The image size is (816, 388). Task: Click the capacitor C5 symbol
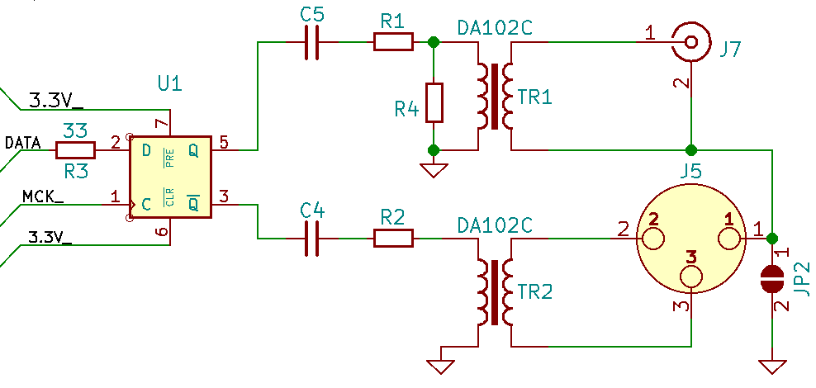pyautogui.click(x=312, y=41)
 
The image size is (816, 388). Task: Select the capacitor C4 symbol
pyautogui.click(x=312, y=239)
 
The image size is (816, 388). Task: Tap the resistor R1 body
pyautogui.click(x=393, y=41)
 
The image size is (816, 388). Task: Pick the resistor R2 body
pyautogui.click(x=393, y=239)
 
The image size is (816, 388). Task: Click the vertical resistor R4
pyautogui.click(x=433, y=103)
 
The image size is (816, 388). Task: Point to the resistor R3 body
pyautogui.click(x=76, y=150)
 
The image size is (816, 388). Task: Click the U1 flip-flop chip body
pyautogui.click(x=170, y=177)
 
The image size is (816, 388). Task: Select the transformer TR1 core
pyautogui.click(x=494, y=97)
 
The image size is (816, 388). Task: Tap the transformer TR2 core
pyautogui.click(x=494, y=294)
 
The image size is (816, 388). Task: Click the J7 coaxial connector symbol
pyautogui.click(x=690, y=40)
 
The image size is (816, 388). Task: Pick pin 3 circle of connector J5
pyautogui.click(x=690, y=279)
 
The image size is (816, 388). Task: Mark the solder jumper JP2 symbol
pyautogui.click(x=771, y=279)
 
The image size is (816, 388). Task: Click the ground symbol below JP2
pyautogui.click(x=771, y=366)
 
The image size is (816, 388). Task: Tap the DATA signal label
pyautogui.click(x=22, y=143)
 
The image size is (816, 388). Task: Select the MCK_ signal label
pyautogui.click(x=42, y=196)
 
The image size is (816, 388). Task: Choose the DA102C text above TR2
pyautogui.click(x=495, y=225)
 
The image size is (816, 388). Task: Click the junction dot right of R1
pyautogui.click(x=433, y=41)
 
